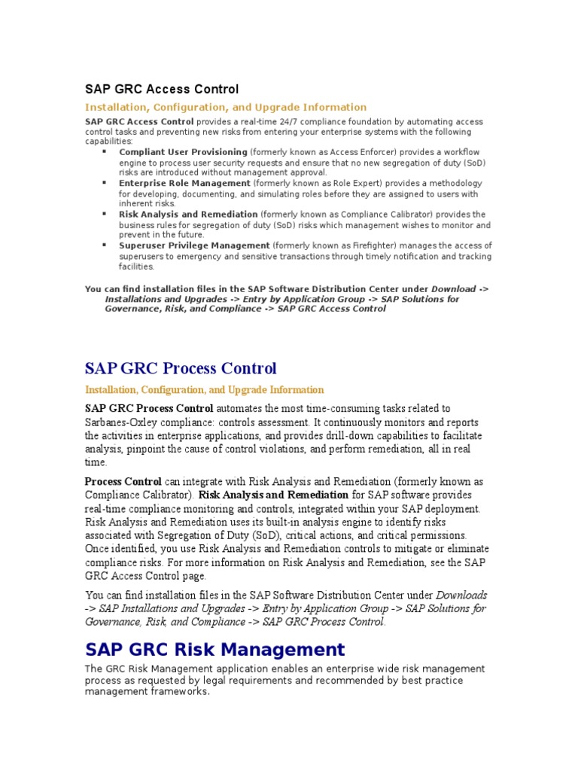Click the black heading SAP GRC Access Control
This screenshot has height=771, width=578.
[162, 90]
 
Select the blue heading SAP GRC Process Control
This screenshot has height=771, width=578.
[181, 368]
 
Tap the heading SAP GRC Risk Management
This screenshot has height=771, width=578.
[215, 649]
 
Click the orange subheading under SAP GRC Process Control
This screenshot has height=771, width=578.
[205, 390]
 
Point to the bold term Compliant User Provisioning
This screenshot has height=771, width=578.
[183, 152]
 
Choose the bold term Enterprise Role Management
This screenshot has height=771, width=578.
[184, 183]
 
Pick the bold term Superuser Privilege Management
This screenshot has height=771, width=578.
[194, 245]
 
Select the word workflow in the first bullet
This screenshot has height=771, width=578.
[463, 152]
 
